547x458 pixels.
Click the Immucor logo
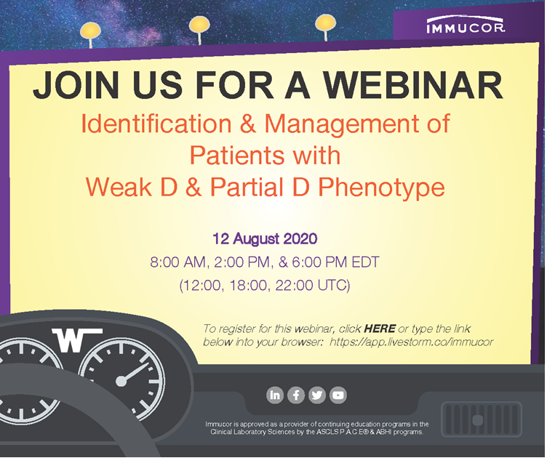coord(466,25)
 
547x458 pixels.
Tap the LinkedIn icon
coord(275,395)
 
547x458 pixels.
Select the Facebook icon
coord(296,395)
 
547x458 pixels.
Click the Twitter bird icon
coord(316,395)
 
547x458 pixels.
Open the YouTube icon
coord(338,395)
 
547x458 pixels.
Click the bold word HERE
coord(380,329)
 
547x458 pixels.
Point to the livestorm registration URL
coord(411,342)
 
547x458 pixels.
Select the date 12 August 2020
coord(265,238)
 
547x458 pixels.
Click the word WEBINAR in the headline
coord(413,85)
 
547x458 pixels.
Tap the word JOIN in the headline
coord(76,85)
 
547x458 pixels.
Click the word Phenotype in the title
coord(381,188)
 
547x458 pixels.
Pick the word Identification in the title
coord(156,124)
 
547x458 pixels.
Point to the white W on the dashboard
coord(77,340)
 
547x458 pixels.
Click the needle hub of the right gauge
coord(121,381)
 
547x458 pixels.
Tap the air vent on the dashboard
coord(482,419)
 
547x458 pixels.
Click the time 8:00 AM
coord(178,262)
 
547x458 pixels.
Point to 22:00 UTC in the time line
coord(313,286)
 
